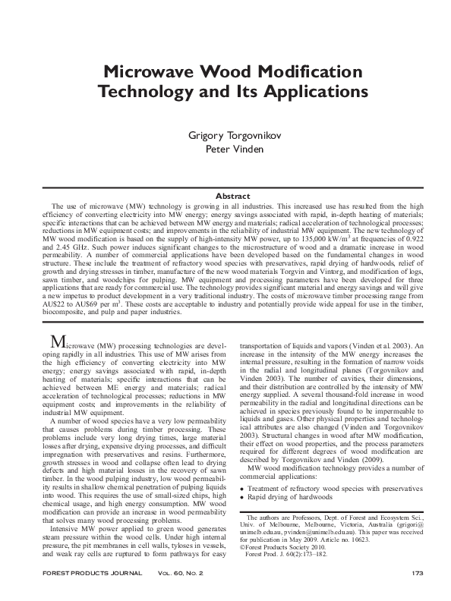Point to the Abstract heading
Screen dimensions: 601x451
[225, 197]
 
